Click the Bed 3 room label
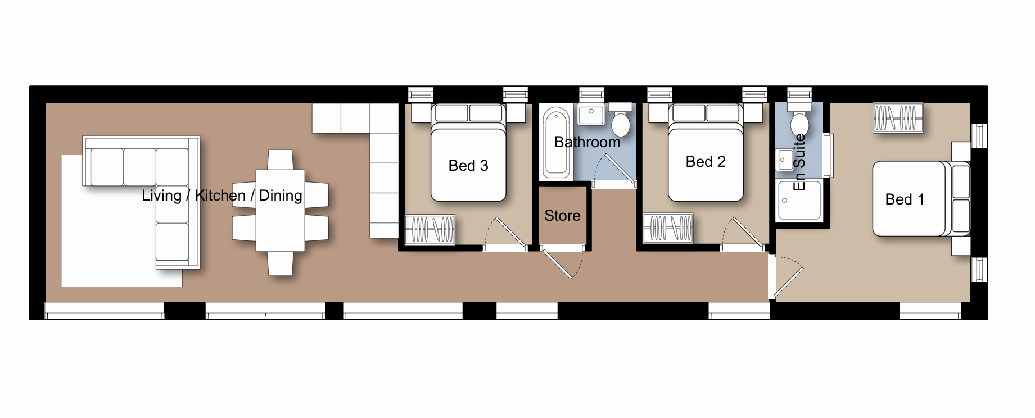click(x=468, y=166)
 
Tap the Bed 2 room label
click(x=706, y=162)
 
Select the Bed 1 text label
click(x=905, y=199)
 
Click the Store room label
click(x=562, y=216)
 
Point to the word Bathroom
click(x=587, y=142)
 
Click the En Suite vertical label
click(x=799, y=162)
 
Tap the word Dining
click(x=281, y=196)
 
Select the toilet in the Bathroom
click(x=620, y=119)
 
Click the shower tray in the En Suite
click(x=799, y=200)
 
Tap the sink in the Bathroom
click(x=591, y=114)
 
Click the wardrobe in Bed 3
click(x=430, y=229)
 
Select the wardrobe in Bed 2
click(x=668, y=228)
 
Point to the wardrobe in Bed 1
click(x=898, y=118)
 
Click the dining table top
click(x=281, y=211)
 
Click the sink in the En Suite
click(x=784, y=160)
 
